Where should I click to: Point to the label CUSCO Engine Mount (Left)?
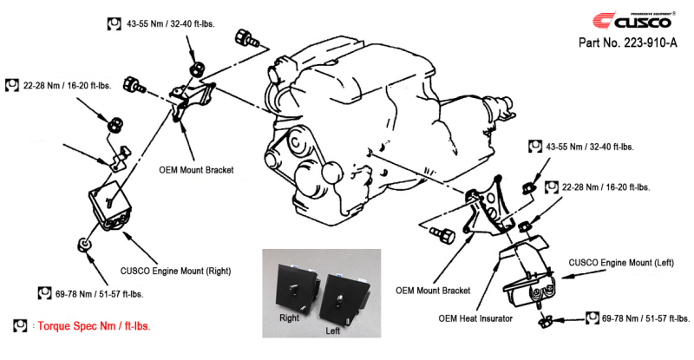(x=622, y=261)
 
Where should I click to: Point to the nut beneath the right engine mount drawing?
(x=85, y=244)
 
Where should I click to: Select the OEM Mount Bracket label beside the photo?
(x=432, y=291)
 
